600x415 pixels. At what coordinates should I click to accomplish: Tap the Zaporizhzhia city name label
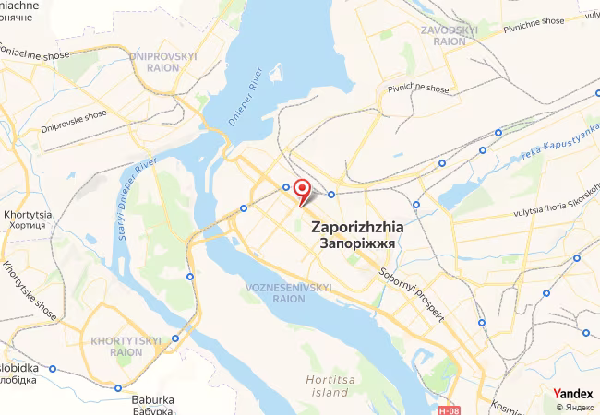(x=355, y=226)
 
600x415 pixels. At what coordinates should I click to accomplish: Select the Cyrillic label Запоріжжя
(x=355, y=244)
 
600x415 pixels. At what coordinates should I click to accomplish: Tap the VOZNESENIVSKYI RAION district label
(x=289, y=293)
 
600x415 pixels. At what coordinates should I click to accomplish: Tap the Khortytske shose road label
(x=29, y=290)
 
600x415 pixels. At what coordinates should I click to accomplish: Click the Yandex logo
(x=574, y=394)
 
